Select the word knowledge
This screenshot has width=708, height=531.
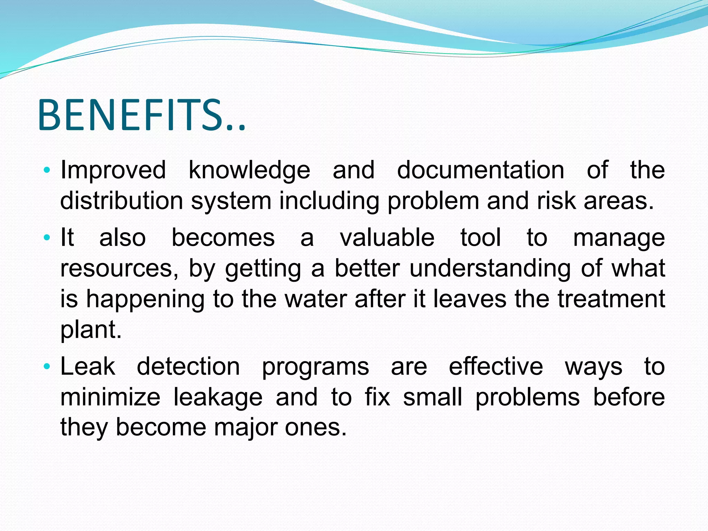click(249, 170)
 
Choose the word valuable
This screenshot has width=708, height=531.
click(387, 237)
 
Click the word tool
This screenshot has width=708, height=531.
click(481, 237)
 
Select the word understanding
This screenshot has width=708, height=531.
click(490, 268)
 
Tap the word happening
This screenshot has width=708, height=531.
click(145, 299)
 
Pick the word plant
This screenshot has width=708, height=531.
click(91, 330)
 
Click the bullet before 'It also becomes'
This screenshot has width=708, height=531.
click(47, 238)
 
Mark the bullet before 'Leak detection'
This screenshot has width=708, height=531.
click(47, 366)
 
